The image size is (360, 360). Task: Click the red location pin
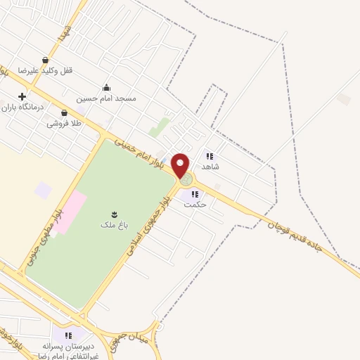pos(181,165)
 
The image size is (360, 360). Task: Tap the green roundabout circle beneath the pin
pos(186,180)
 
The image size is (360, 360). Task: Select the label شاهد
pos(210,167)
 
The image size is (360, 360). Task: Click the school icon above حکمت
pos(195,195)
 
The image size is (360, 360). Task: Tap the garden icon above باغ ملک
pos(114,213)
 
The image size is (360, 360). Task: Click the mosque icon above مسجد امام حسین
pos(106,88)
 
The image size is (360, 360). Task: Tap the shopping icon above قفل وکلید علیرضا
pos(46,60)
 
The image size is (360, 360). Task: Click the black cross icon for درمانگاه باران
pos(22,96)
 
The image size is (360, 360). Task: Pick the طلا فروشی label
pos(64,123)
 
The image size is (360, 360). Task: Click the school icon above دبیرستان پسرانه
pos(68,335)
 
